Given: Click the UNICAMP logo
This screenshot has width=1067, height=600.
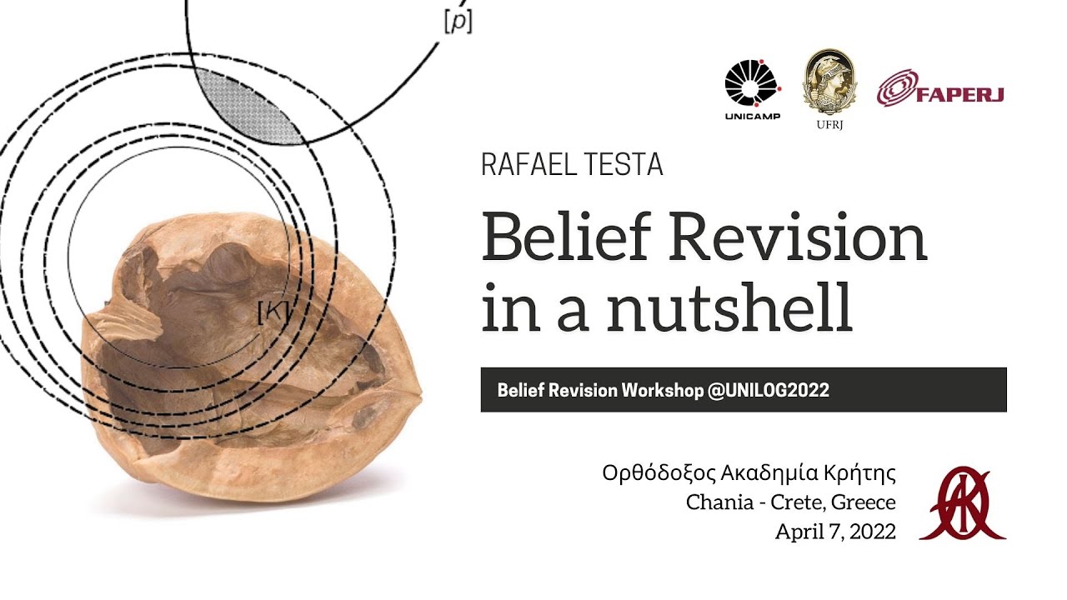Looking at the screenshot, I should click(752, 87).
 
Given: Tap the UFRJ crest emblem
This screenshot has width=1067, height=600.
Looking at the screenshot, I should click(828, 82).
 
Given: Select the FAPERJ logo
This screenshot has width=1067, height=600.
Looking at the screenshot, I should click(940, 91).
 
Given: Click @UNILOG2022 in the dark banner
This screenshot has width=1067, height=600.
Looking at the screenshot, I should click(768, 390).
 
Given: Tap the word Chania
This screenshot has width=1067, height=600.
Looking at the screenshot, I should click(716, 502).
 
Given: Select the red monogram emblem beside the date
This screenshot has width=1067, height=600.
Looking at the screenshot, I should click(962, 503).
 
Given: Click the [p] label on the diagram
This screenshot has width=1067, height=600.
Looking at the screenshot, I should click(458, 22).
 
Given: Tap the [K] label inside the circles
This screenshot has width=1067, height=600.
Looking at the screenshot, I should click(273, 312).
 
